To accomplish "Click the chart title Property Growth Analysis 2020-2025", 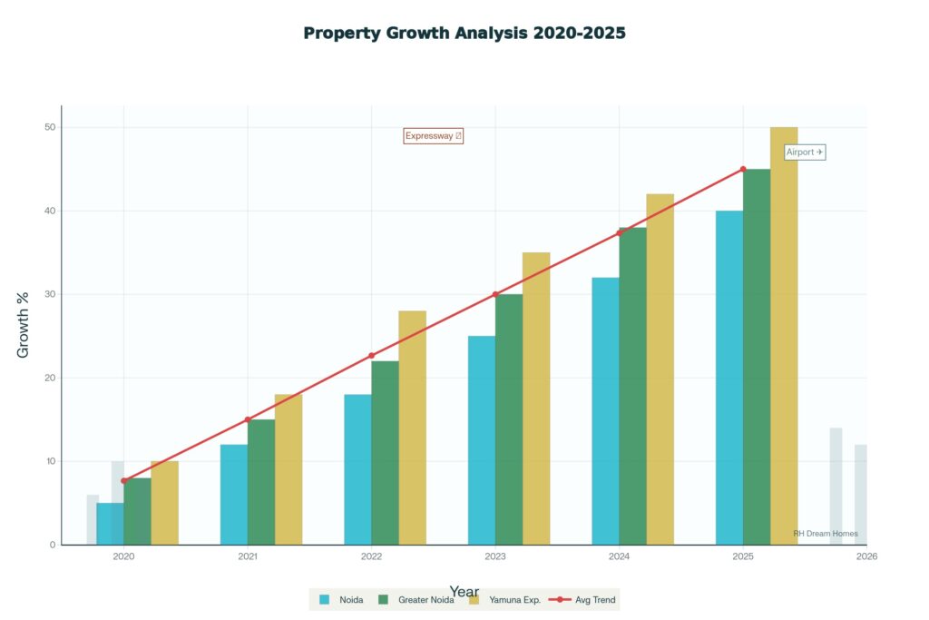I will point(464,33).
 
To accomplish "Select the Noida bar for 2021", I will point(234,495).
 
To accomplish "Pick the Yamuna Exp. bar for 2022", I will point(412,428).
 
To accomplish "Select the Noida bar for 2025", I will point(729,378).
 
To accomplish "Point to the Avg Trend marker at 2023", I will point(495,294).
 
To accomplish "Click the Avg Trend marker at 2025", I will point(743,169).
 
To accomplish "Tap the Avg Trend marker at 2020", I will point(124,480).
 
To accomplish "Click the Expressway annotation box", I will point(434,136).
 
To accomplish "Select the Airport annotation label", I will point(805,153).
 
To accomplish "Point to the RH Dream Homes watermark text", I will point(825,534).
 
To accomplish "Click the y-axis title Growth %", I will point(24,324).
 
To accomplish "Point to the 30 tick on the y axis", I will point(49,294).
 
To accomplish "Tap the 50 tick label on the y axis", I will point(49,127).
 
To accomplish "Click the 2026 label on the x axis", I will point(866,556).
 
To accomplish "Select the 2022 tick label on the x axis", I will point(371,556).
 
